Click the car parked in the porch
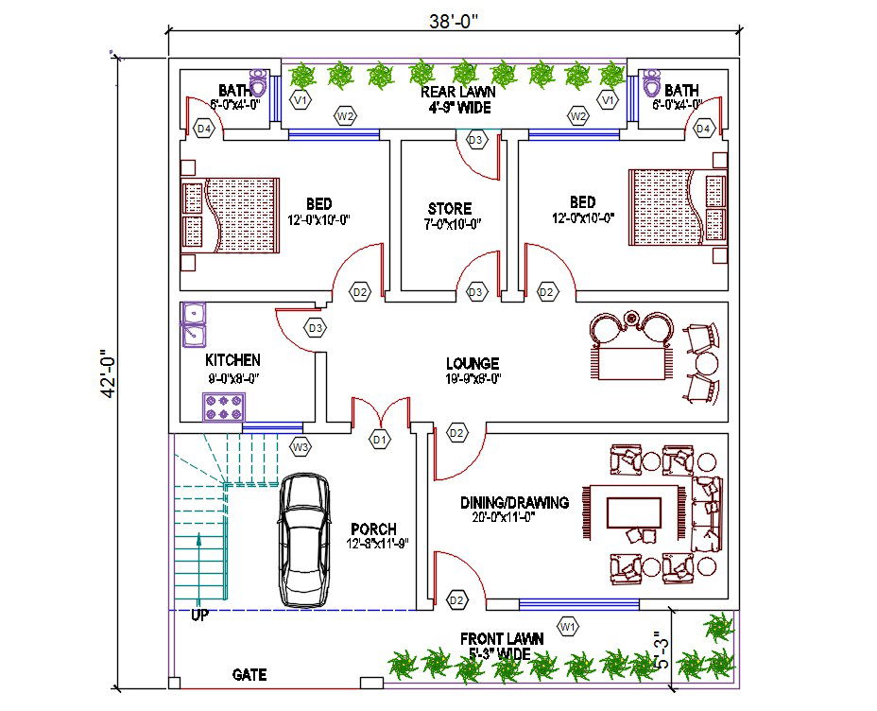pos(305,541)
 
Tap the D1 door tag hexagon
pos(380,440)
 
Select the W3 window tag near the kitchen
pos(301,446)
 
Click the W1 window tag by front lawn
pos(568,626)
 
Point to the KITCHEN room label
pos(232,360)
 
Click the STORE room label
pos(449,208)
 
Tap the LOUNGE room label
pos(473,363)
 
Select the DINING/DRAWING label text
pos(514,502)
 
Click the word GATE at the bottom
pos(249,675)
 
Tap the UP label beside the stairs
pos(198,615)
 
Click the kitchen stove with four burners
pos(223,407)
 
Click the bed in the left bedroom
pos(231,215)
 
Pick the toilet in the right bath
pos(650,85)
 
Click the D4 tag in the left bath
pos(204,128)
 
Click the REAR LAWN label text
pos(458,92)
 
